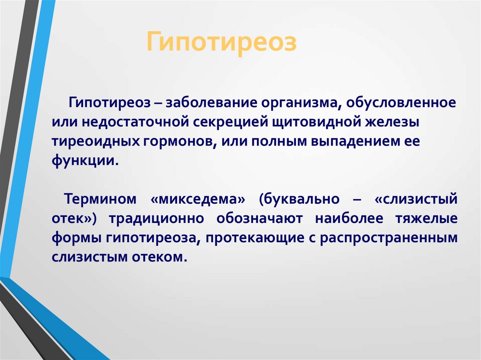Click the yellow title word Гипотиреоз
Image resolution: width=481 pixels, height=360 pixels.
(222, 42)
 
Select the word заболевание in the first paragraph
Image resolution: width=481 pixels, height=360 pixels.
(211, 103)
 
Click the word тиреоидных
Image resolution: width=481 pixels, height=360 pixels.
(95, 142)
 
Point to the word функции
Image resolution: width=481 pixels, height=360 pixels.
(85, 161)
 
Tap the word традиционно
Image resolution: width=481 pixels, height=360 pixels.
(156, 219)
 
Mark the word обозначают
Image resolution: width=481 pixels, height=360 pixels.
(259, 219)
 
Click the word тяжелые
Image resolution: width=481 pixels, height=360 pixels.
(427, 219)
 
